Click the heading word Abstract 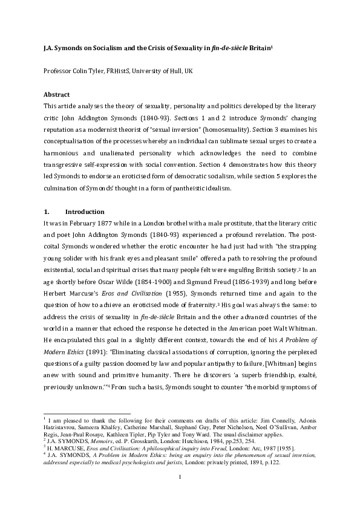(x=57, y=95)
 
